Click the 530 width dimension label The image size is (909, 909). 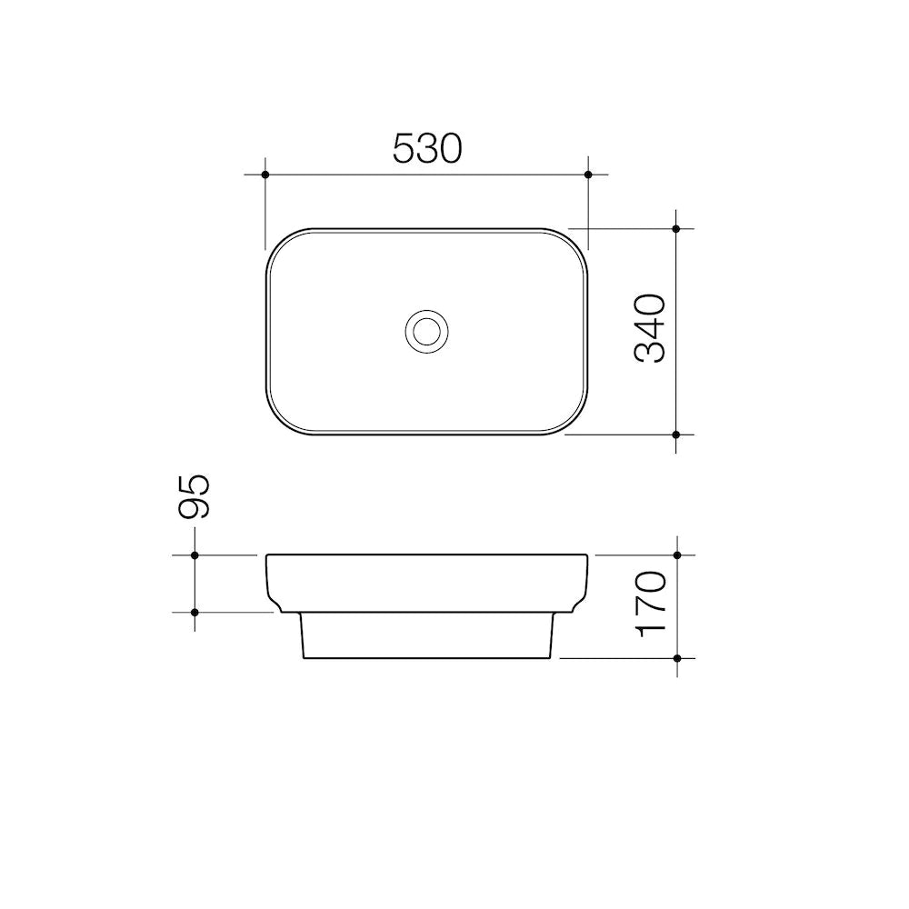tap(427, 148)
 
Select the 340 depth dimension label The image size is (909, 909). tap(651, 328)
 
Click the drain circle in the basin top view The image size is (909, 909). tap(425, 330)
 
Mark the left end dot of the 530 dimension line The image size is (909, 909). tap(265, 174)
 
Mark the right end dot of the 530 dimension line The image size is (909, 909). tap(588, 174)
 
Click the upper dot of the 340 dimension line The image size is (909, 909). tap(676, 229)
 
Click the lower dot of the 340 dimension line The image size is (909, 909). tap(676, 435)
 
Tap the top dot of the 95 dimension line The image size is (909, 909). tap(195, 554)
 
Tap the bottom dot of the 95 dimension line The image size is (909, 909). tap(195, 613)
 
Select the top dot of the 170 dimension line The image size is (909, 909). tap(677, 554)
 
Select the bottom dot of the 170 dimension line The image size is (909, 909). tap(677, 656)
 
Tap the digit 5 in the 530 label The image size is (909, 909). tap(405, 148)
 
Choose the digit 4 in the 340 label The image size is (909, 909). tap(651, 328)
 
